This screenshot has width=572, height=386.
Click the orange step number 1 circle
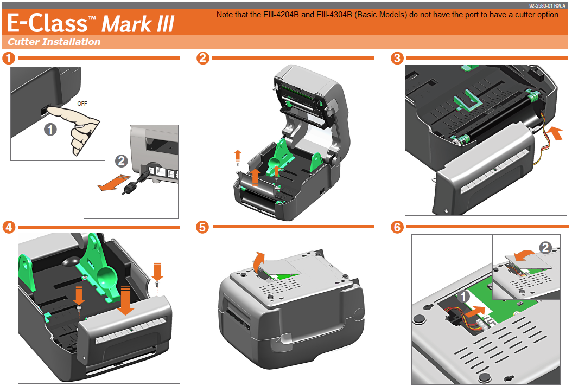8,58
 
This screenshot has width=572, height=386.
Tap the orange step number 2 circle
202,58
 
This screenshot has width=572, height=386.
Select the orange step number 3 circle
397,58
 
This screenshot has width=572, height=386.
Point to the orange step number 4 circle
8,227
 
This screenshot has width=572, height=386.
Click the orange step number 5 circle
202,227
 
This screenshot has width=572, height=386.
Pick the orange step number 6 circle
397,227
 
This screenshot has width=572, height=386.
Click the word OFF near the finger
82,102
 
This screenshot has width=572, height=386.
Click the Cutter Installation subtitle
54,42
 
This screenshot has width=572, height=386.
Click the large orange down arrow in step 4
127,301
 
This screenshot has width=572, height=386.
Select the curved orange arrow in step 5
259,261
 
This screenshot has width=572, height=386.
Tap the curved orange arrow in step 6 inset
525,255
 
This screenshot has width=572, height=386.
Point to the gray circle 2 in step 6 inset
546,247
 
